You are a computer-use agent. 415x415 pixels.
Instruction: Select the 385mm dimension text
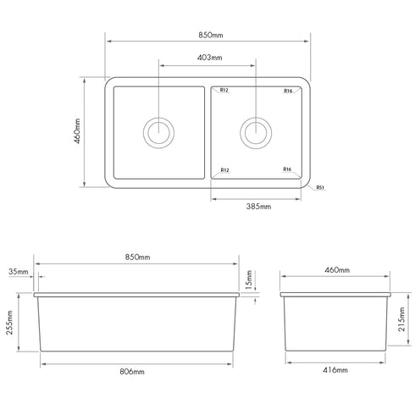click(258, 206)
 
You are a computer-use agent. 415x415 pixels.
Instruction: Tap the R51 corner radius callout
click(321, 188)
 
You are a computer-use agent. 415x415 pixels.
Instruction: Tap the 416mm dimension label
click(336, 371)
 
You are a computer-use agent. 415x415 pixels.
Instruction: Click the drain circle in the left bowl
click(159, 131)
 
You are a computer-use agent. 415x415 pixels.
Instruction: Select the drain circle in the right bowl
click(256, 131)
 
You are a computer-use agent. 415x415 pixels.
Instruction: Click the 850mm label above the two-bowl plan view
click(207, 36)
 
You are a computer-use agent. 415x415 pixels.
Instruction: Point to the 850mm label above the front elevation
click(137, 257)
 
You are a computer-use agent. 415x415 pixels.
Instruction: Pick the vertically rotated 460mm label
click(77, 131)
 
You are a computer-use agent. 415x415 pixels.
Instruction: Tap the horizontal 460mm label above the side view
click(336, 269)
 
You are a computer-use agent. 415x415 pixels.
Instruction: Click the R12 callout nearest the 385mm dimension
click(225, 170)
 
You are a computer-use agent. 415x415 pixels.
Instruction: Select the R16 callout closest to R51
click(288, 170)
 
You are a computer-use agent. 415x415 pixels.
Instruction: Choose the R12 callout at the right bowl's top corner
click(225, 91)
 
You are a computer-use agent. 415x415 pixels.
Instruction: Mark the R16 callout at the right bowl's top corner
click(288, 91)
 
